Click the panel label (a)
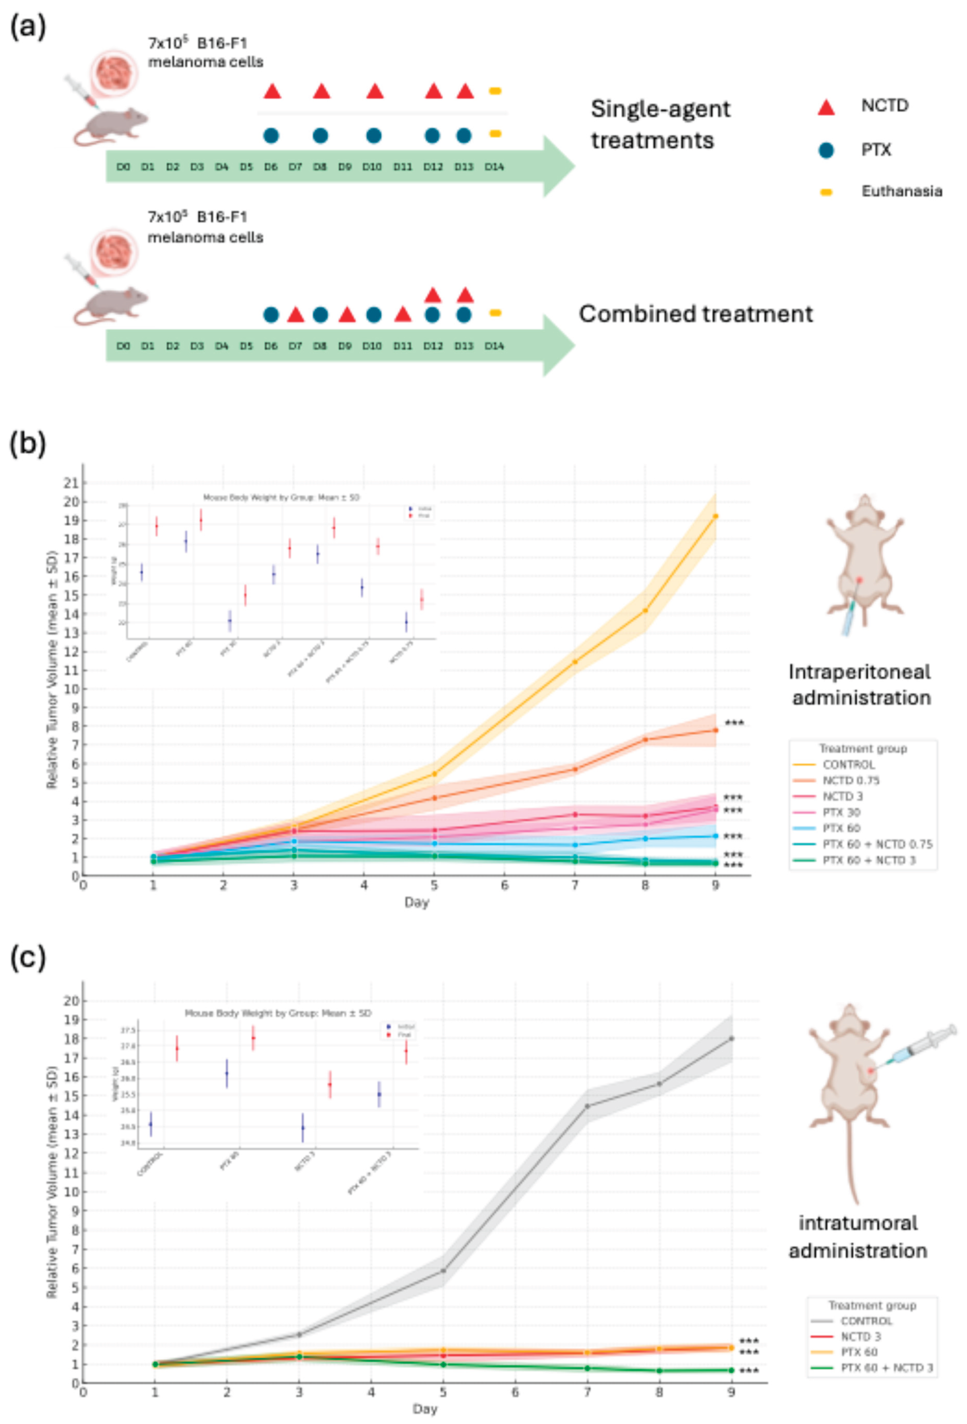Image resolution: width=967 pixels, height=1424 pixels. pos(28,28)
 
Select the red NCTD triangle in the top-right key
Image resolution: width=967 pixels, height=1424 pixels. pos(826,107)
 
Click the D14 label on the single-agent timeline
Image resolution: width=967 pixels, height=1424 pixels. pos(494,167)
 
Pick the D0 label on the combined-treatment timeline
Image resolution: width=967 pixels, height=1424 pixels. pos(123,346)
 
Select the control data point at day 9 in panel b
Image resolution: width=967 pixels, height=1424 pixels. pos(715,516)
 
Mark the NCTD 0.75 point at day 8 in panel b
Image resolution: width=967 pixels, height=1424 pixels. pos(645,740)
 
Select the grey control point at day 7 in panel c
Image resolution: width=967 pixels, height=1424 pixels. pos(587,1106)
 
